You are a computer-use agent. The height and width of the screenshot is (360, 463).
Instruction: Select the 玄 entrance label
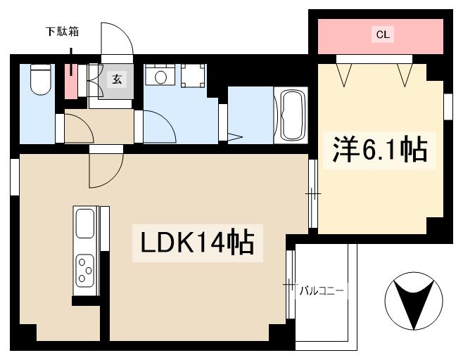point(117,79)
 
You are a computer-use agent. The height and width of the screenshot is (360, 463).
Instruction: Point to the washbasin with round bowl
point(160,76)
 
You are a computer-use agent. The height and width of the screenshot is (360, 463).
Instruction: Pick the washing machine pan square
point(192,76)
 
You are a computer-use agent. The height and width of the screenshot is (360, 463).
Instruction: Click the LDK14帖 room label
point(199,243)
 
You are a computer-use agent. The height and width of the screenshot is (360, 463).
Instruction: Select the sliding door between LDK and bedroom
point(314,192)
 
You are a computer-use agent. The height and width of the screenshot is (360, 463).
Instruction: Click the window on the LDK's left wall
point(14,176)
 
